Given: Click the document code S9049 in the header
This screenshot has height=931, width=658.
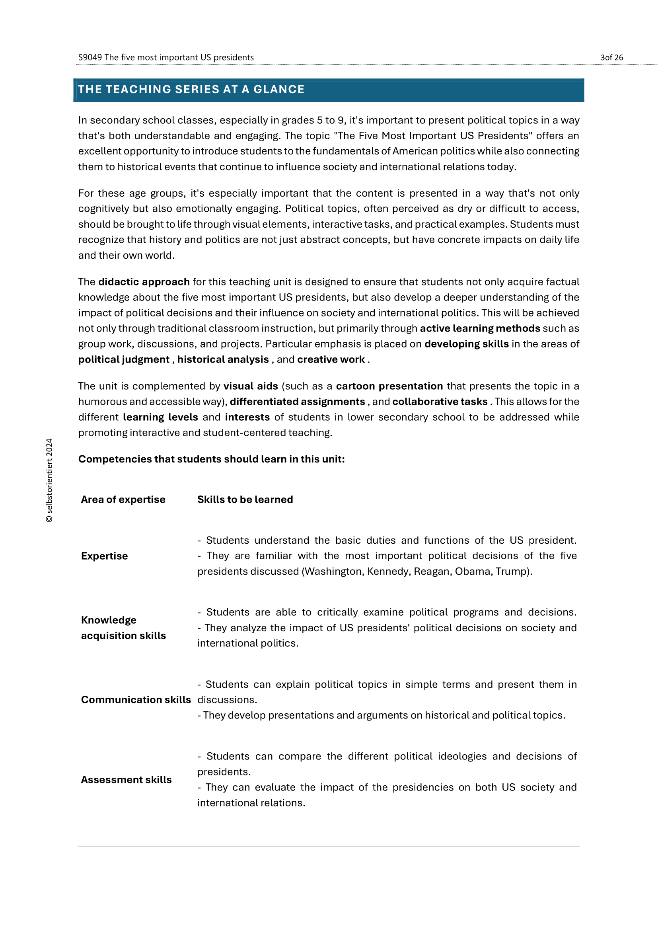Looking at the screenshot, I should pos(90,57).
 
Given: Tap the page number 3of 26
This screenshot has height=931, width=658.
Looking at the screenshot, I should pos(611,58).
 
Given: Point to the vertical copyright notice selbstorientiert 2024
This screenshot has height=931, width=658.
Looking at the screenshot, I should pos(49,480).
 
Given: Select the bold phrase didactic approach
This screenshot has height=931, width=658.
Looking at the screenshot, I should pos(144,282).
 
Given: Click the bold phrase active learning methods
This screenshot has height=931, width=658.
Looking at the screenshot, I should pos(480,328).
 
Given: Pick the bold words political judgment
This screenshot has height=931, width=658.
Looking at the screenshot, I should pos(124,360).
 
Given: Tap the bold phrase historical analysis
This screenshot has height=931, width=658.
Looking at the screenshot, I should pos(223,360).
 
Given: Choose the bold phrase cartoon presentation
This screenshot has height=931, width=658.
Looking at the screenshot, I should pos(389,386).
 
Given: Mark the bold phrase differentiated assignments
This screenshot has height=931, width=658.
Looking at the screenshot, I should pos(298,402).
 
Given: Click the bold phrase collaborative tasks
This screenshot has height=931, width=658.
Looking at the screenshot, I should pos(440,402).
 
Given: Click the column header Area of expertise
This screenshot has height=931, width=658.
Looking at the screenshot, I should pos(123,500).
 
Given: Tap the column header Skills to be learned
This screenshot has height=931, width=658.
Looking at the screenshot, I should pos(245,500).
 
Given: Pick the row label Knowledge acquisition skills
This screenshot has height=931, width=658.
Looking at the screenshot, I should pos(123,628).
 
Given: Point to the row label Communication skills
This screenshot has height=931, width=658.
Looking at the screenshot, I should pos(136,700).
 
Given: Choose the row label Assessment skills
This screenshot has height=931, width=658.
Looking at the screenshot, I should pos(126,780).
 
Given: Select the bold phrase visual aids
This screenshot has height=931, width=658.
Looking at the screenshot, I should pos(250,386).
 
